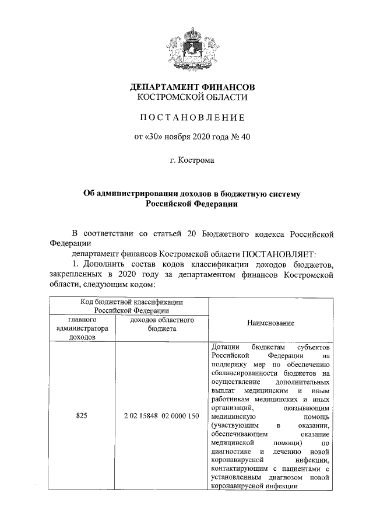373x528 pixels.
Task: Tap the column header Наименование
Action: (270, 323)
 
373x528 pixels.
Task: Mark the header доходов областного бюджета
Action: (161, 324)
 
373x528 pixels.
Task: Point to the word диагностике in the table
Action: (231, 452)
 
